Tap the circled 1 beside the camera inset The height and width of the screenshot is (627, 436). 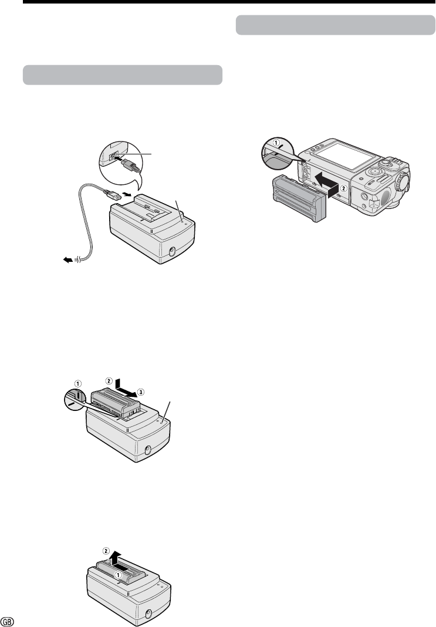pyautogui.click(x=276, y=141)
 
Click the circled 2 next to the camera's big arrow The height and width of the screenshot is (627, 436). pyautogui.click(x=343, y=186)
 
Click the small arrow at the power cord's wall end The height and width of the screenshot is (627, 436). pyautogui.click(x=68, y=260)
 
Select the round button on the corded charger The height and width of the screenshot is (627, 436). pyautogui.click(x=173, y=251)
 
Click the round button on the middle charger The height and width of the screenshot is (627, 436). pyautogui.click(x=147, y=450)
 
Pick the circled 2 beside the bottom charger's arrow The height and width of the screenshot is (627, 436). pyautogui.click(x=106, y=551)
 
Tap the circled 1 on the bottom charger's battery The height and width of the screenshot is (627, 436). pyautogui.click(x=119, y=574)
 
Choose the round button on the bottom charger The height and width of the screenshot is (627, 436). pyautogui.click(x=148, y=614)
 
